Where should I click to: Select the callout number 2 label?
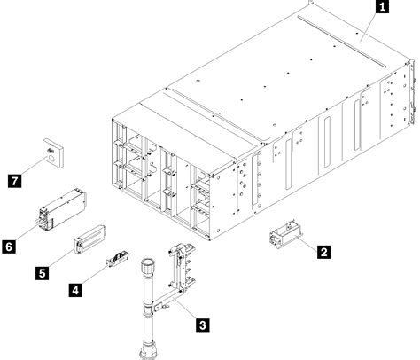point(324,252)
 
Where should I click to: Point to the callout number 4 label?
point(77,288)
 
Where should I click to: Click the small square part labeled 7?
point(52,154)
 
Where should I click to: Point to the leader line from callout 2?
point(307,246)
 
